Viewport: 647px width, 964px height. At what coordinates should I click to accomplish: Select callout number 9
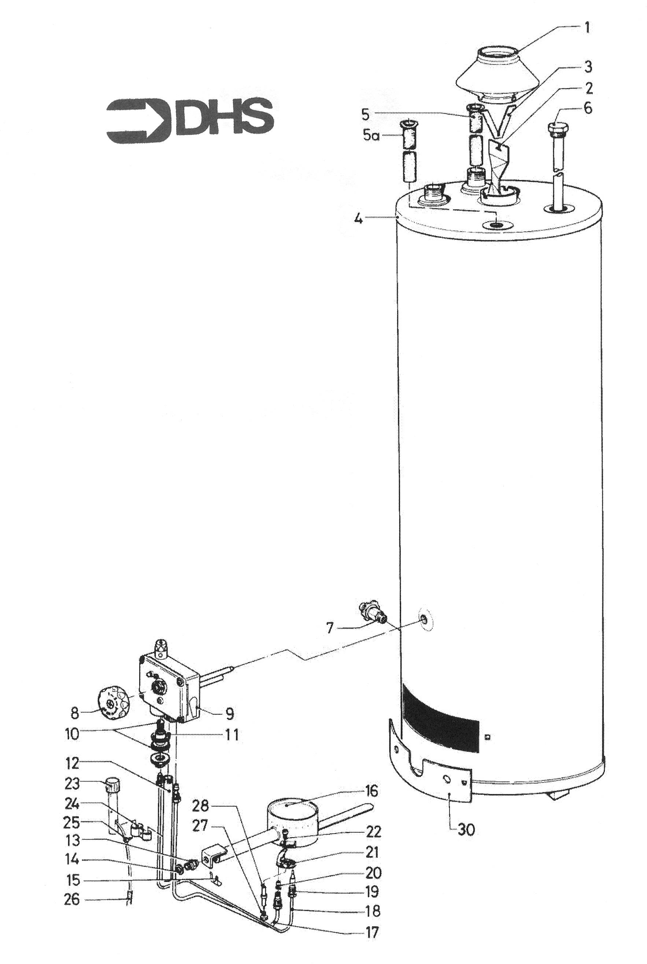coord(229,713)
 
